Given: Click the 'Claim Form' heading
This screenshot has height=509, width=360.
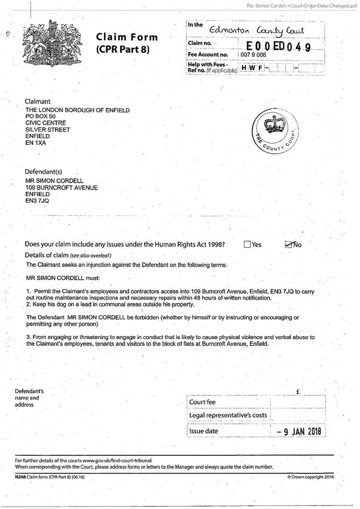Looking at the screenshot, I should (123, 38).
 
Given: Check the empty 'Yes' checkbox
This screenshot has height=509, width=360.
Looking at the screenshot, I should (248, 244).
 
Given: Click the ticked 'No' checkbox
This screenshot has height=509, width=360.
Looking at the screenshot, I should (289, 243).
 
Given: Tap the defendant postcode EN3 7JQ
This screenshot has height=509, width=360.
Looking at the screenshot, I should (37, 202).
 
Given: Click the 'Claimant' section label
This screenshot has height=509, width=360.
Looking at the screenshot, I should (37, 102).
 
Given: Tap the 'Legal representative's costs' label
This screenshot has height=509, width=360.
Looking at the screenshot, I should (227, 416).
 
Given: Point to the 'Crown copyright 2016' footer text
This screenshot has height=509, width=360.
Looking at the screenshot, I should (313, 477).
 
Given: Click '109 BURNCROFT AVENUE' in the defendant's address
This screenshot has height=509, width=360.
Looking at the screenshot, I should (61, 187).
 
